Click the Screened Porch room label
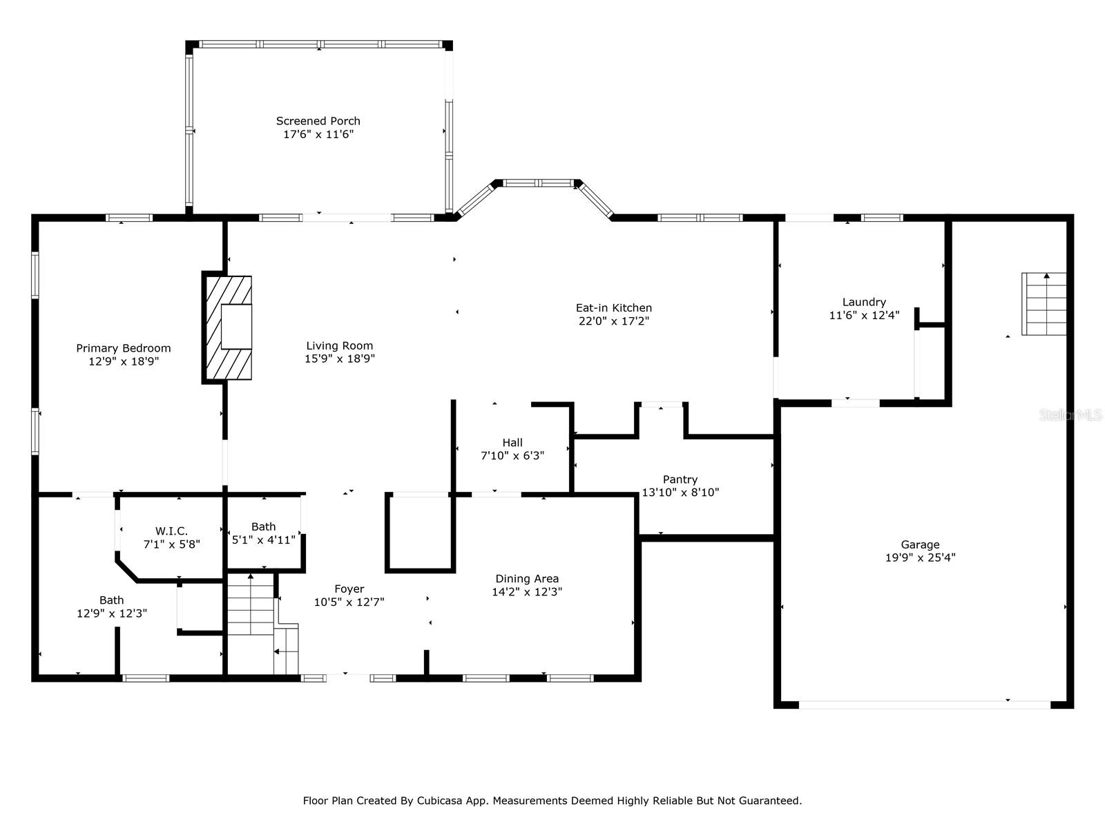click(318, 121)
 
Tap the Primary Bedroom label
click(124, 348)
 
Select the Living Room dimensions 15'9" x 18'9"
click(340, 359)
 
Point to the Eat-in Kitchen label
click(614, 307)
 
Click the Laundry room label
click(864, 302)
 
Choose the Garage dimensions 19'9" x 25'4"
click(920, 558)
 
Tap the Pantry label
click(680, 479)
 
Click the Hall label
click(512, 442)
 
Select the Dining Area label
click(527, 579)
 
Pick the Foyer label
click(349, 589)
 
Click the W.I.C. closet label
click(171, 531)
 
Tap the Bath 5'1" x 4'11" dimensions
click(263, 540)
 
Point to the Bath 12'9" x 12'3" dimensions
click(112, 613)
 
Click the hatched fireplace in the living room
click(227, 327)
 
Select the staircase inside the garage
click(1044, 304)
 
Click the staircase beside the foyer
click(262, 624)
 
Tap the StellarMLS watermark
click(1070, 415)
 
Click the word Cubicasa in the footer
click(437, 800)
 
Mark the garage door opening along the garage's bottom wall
click(924, 705)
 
